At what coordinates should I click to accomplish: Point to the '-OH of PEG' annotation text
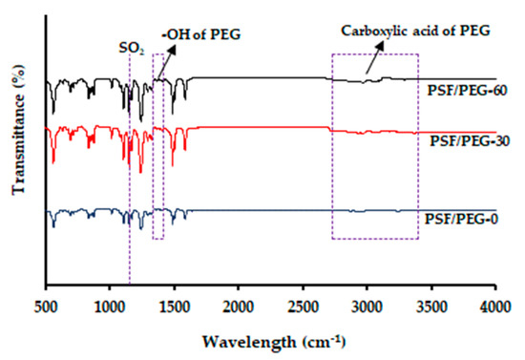tap(202, 36)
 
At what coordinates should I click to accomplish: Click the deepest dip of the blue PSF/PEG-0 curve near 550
tap(53, 226)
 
